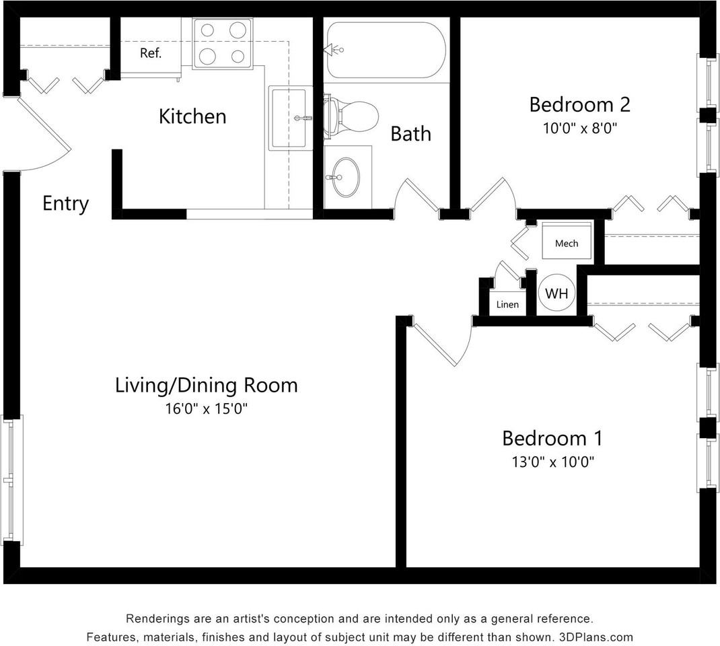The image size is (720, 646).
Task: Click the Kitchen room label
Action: pyautogui.click(x=192, y=116)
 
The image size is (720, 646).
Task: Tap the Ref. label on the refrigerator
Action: pyautogui.click(x=151, y=53)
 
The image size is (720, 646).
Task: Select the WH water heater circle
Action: pyautogui.click(x=556, y=293)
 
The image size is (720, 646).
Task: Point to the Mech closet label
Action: pyautogui.click(x=567, y=244)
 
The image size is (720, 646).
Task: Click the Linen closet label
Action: pyautogui.click(x=507, y=304)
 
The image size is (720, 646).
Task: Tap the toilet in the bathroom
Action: pyautogui.click(x=351, y=116)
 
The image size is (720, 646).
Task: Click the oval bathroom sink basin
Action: pyautogui.click(x=346, y=177)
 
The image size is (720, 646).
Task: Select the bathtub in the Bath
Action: pyautogui.click(x=386, y=50)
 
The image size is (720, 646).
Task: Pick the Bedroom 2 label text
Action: pyautogui.click(x=579, y=105)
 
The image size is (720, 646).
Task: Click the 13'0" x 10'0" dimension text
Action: pyautogui.click(x=553, y=462)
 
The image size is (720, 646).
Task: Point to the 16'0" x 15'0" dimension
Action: pyautogui.click(x=206, y=408)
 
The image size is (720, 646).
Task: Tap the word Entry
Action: pyautogui.click(x=66, y=204)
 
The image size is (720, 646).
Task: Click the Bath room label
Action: pyautogui.click(x=410, y=134)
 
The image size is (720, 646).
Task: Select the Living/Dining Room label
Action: pyautogui.click(x=206, y=385)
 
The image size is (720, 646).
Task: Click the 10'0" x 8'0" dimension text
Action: pyautogui.click(x=579, y=128)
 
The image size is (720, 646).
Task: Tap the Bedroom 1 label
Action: pyautogui.click(x=552, y=438)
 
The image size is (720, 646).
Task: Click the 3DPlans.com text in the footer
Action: pyautogui.click(x=596, y=637)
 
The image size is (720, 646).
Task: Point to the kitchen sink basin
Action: pyautogui.click(x=289, y=118)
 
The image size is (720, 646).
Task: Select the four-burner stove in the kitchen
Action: pyautogui.click(x=222, y=44)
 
